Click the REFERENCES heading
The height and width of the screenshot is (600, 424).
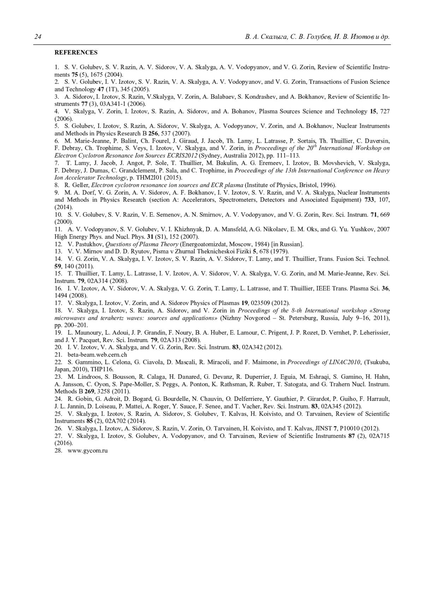point(76,53)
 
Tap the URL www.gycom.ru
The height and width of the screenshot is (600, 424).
point(88,451)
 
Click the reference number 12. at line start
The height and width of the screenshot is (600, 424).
point(58,244)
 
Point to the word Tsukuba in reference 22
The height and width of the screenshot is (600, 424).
point(378,362)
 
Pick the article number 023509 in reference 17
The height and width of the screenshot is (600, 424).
point(260,303)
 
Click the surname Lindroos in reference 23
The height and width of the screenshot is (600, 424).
point(85,377)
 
